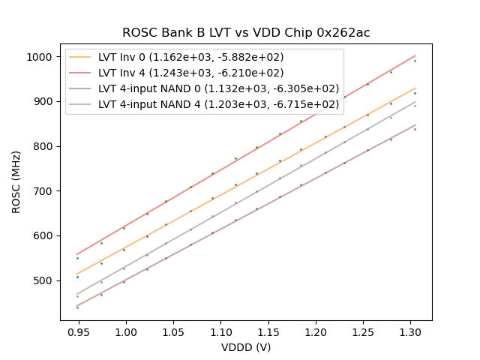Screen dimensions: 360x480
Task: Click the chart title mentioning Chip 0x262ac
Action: (246, 33)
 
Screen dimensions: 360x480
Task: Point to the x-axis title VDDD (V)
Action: (246, 347)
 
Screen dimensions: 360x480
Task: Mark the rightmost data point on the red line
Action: (415, 61)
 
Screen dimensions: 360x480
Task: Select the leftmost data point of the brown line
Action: (77, 307)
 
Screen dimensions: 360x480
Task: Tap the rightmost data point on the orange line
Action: (415, 93)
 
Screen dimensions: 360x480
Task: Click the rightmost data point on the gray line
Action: (415, 106)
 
